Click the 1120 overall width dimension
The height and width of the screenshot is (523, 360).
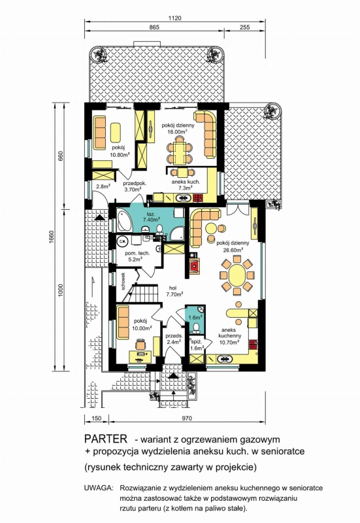pos(174,18)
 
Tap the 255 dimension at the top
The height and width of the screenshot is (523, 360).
pos(244,27)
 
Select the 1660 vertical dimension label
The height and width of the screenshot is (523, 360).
pos(52,237)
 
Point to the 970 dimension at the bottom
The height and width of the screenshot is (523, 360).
pos(188,418)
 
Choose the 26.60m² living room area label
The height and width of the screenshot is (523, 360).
pos(233,250)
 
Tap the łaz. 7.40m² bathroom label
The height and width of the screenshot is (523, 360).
pos(150,217)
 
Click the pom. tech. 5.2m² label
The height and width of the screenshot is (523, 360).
pos(137,256)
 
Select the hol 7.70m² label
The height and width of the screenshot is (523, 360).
pos(174,291)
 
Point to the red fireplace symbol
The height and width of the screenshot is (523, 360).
pos(193,266)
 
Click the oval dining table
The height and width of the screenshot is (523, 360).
pos(237,275)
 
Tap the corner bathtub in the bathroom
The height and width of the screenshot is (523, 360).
pos(124,220)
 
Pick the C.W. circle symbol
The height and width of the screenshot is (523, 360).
pos(122,240)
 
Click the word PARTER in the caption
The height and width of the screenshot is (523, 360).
pos(106,438)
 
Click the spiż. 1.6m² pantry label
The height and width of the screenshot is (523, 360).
pos(196,345)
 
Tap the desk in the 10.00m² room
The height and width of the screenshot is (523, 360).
pos(140,356)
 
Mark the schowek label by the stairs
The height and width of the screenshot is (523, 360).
pos(123,282)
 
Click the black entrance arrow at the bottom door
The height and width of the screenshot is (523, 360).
pos(172,376)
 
